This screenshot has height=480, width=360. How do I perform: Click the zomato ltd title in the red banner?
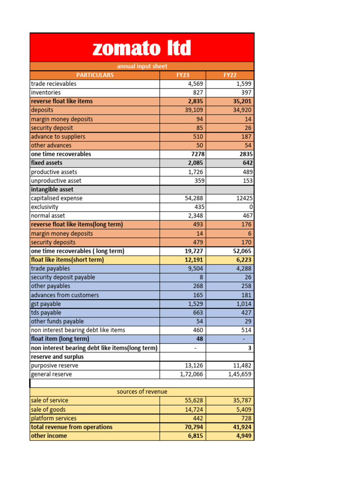(x=142, y=48)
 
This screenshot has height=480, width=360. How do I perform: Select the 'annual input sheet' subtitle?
(x=142, y=66)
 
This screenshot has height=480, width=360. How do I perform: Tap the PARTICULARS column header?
(x=95, y=75)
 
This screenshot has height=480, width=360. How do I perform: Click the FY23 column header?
(x=183, y=75)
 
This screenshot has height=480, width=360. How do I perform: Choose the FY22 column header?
(x=230, y=75)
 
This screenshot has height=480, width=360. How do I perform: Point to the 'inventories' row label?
(x=46, y=93)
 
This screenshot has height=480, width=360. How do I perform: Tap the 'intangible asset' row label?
(x=52, y=189)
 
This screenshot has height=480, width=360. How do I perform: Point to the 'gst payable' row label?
(x=46, y=304)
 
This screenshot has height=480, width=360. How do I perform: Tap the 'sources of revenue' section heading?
(x=142, y=392)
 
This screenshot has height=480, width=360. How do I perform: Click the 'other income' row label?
(x=49, y=436)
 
